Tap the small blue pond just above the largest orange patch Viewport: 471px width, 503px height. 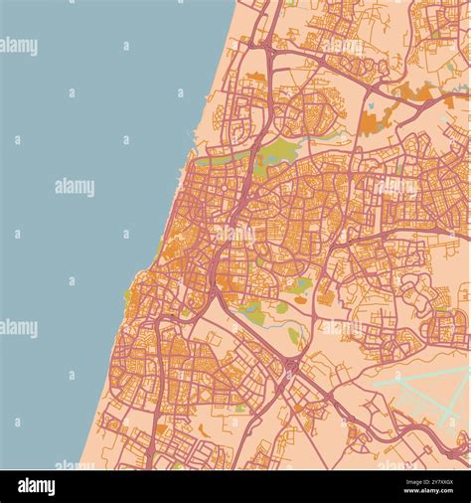[x=370, y=103]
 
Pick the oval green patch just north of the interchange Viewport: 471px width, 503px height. [x=294, y=336]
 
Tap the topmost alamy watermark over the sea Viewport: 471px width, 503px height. [x=19, y=46]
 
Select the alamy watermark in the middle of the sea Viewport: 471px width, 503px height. [x=75, y=187]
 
